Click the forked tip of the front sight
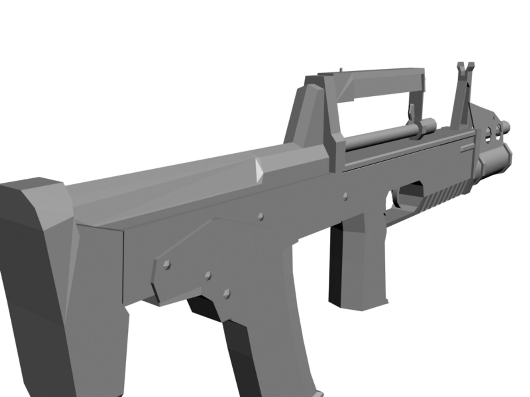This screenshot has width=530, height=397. pyautogui.click(x=465, y=68)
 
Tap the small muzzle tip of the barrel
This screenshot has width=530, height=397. pyautogui.click(x=507, y=126)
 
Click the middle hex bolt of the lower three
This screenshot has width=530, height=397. pyautogui.click(x=208, y=276)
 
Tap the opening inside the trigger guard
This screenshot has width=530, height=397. pyautogui.click(x=409, y=197)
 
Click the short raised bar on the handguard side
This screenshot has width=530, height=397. pyautogui.click(x=466, y=147)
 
